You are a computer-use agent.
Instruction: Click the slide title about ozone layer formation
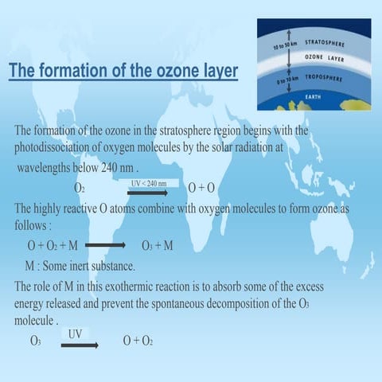coord(123,71)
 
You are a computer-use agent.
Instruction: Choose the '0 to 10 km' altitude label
coord(283,82)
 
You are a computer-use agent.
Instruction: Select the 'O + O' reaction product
coord(202,188)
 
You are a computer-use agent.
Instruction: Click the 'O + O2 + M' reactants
coord(53,245)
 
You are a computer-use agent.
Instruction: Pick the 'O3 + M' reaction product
coord(157,245)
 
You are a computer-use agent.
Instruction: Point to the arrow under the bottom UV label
coord(79,345)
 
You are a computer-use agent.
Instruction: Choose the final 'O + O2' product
coord(138,341)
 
